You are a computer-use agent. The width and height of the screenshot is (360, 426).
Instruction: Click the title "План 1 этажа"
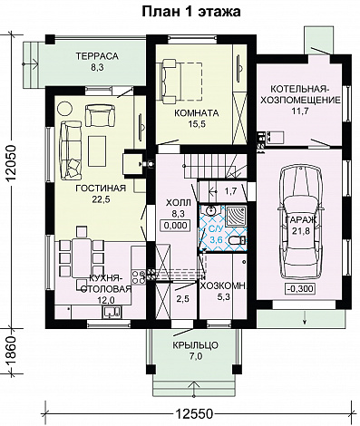[x=191, y=12]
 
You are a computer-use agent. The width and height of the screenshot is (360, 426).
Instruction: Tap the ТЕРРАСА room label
[x=97, y=56]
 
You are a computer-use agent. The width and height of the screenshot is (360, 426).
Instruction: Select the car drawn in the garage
[x=301, y=222]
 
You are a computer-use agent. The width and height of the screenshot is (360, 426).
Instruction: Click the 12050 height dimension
[x=11, y=163]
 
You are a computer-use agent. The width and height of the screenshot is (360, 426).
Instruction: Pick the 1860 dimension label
[x=11, y=351]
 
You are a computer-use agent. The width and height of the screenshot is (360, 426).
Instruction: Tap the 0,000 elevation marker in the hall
[x=177, y=226]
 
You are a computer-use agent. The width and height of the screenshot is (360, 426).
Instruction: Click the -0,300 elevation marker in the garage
[x=300, y=289]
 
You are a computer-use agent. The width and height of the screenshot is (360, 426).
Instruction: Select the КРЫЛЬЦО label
[x=195, y=345]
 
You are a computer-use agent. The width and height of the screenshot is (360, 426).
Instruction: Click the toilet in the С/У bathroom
[x=238, y=240]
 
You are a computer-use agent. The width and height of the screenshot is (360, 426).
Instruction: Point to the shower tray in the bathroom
[x=237, y=216]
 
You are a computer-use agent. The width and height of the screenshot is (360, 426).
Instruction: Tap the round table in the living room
[x=65, y=108]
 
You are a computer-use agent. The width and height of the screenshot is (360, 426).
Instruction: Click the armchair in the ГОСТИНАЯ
[x=101, y=115]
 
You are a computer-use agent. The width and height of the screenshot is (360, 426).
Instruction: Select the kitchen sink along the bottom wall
[x=112, y=312]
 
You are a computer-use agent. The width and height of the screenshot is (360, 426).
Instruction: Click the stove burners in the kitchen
[x=139, y=276]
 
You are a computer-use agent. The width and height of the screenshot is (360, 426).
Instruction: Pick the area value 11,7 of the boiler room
[x=299, y=111]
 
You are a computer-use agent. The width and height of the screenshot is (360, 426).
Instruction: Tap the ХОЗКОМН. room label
[x=224, y=286]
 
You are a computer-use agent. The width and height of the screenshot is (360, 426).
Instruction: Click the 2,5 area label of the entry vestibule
[x=182, y=299]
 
